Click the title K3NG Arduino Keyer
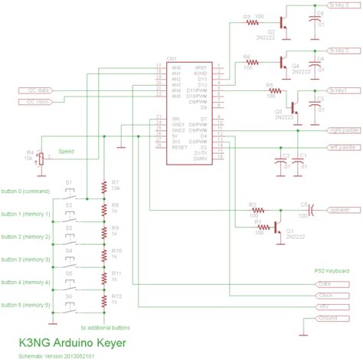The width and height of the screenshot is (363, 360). (x=73, y=343)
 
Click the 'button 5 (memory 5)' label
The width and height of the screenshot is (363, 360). (x=25, y=305)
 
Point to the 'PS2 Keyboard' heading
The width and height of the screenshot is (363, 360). (x=332, y=270)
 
